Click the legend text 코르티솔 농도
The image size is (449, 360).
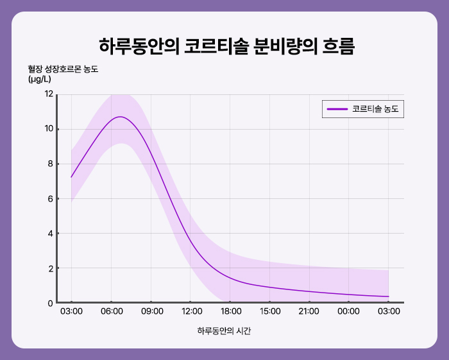pyautogui.click(x=375, y=109)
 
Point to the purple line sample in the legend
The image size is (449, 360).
pyautogui.click(x=337, y=109)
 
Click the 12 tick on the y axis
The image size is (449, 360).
pyautogui.click(x=49, y=94)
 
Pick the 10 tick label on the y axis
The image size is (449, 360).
pyautogui.click(x=49, y=129)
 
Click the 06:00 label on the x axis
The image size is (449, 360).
pyautogui.click(x=111, y=312)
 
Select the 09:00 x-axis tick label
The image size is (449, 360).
pyautogui.click(x=151, y=312)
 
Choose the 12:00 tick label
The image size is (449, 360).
pyautogui.click(x=191, y=312)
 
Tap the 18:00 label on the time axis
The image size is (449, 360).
pyautogui.click(x=230, y=312)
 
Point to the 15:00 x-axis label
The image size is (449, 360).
pyautogui.click(x=270, y=312)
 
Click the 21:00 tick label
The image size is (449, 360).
pyautogui.click(x=309, y=312)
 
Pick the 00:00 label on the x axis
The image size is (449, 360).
pyautogui.click(x=349, y=312)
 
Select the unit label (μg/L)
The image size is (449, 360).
pyautogui.click(x=40, y=80)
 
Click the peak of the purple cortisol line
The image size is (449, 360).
pyautogui.click(x=120, y=117)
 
